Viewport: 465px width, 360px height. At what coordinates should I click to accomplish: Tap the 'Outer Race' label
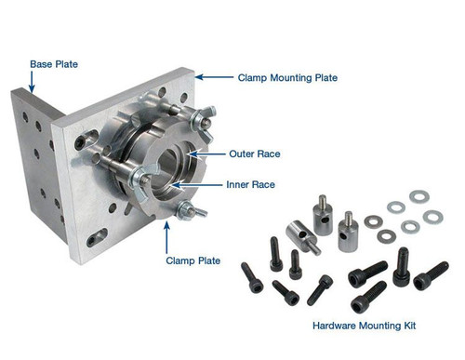[x=253, y=153]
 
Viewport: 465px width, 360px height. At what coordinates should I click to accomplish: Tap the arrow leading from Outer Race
[x=208, y=153]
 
